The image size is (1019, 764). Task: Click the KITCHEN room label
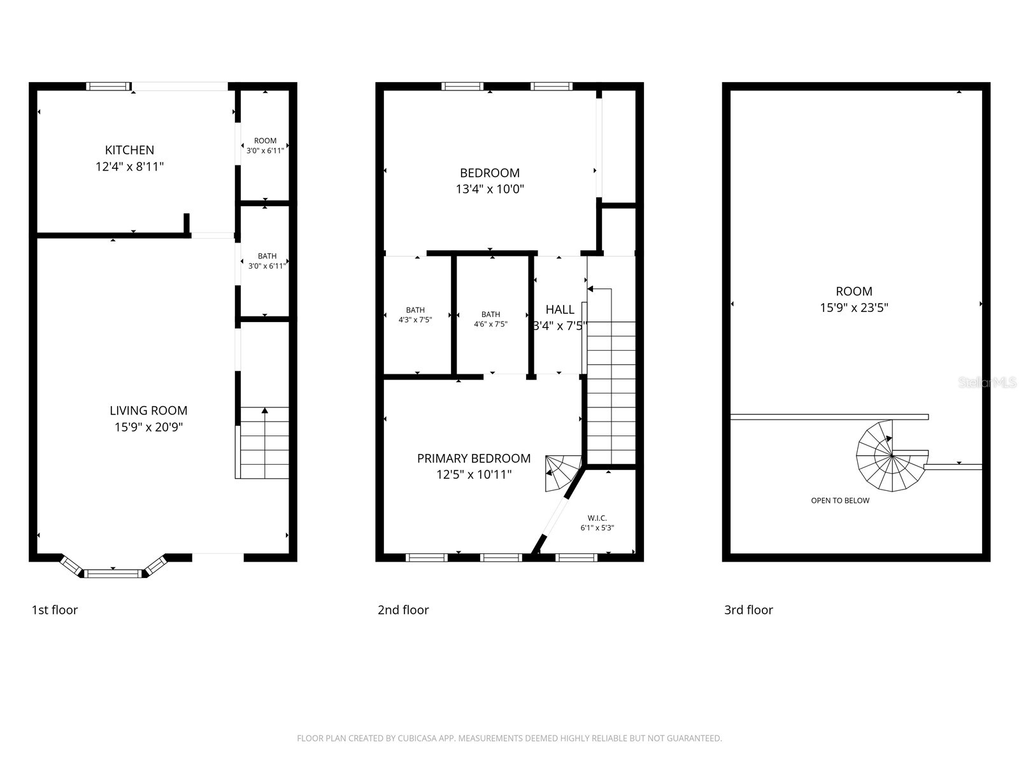click(x=129, y=150)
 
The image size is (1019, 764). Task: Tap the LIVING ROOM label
click(x=148, y=411)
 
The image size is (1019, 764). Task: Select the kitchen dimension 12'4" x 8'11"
click(x=129, y=167)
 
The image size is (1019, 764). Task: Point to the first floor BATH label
click(x=267, y=256)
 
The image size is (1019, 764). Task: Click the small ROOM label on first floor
click(x=265, y=141)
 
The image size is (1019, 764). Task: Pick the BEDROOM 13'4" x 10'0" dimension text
click(x=490, y=189)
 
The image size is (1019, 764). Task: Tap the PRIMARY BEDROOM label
click(x=474, y=458)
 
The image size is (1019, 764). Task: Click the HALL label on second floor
click(x=560, y=309)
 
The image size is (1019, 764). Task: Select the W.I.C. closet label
click(x=597, y=518)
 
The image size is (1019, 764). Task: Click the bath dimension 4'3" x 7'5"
click(x=415, y=320)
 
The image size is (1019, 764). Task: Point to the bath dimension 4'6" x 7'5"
click(x=490, y=324)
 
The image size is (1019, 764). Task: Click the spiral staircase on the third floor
click(x=892, y=456)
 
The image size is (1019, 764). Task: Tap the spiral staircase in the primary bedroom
click(x=563, y=473)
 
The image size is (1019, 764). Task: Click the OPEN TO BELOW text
click(x=840, y=500)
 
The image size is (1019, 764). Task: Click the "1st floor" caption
click(x=54, y=610)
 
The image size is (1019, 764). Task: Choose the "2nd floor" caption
click(x=403, y=610)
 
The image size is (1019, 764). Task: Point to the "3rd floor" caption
click(x=748, y=610)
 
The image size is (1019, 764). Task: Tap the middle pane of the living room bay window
click(x=113, y=574)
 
